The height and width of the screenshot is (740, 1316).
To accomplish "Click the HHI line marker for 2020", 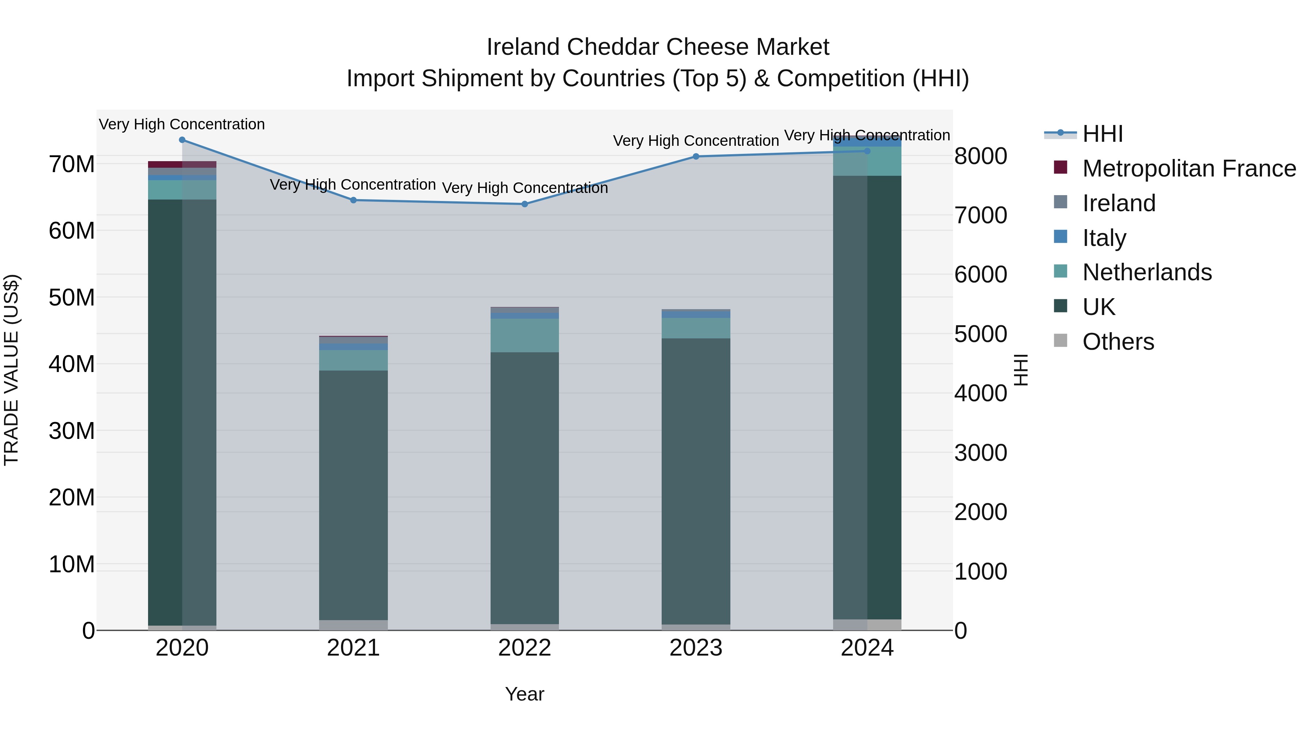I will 182,140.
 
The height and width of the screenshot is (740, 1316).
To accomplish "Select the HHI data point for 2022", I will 525,204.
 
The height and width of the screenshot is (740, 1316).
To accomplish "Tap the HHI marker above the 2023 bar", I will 696,157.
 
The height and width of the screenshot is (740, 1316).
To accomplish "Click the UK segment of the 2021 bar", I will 353,496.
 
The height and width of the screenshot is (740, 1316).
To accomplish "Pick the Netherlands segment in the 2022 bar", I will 525,335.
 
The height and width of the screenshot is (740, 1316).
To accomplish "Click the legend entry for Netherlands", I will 1146,272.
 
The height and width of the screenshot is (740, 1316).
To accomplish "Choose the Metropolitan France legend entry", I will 1189,168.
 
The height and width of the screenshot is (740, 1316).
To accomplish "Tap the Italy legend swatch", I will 1060,237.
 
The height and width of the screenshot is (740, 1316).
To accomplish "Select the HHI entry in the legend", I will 1103,134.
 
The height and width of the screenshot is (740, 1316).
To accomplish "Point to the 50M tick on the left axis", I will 72,298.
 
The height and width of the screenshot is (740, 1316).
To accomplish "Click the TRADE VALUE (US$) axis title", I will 11,370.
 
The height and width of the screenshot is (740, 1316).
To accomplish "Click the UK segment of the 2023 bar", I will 696,480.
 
